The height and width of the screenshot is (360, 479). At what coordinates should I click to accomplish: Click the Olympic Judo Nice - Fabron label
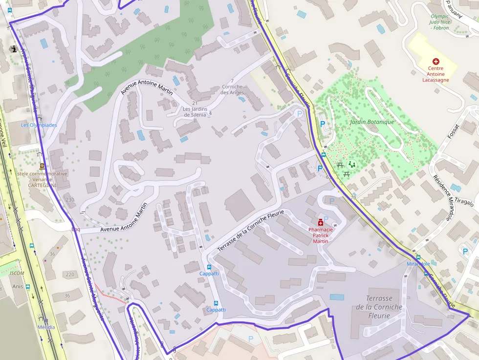pyautogui.click(x=440, y=22)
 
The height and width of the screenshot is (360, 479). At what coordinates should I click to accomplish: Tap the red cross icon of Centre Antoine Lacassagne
pyautogui.click(x=435, y=62)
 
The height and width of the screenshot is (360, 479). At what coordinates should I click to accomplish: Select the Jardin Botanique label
pyautogui.click(x=372, y=122)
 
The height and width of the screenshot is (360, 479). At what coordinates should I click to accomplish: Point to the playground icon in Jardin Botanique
pyautogui.click(x=351, y=164)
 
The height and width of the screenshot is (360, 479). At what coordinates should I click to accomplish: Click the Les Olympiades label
pyautogui.click(x=39, y=125)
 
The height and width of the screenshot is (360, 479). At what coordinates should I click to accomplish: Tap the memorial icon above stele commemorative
pyautogui.click(x=42, y=167)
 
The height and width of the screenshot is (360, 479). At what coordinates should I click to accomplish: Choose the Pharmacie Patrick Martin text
pyautogui.click(x=320, y=235)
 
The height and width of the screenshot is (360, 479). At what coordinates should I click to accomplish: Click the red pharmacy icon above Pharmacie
pyautogui.click(x=321, y=221)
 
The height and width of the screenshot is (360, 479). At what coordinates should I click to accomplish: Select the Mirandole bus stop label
pyautogui.click(x=418, y=264)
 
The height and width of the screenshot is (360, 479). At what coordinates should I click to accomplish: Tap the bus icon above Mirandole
pyautogui.click(x=418, y=257)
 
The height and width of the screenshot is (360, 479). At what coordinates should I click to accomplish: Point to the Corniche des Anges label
pyautogui.click(x=232, y=89)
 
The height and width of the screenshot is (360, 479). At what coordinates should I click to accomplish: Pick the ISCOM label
pyautogui.click(x=17, y=274)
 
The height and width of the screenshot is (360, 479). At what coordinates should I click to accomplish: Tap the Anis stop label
pyautogui.click(x=18, y=287)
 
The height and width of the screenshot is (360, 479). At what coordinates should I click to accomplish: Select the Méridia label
pyautogui.click(x=46, y=327)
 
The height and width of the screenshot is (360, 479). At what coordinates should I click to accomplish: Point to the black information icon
pyautogui.click(x=13, y=49)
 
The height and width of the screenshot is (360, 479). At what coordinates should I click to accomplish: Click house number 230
pyautogui.click(x=70, y=200)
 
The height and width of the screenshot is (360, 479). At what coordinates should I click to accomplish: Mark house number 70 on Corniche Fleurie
pyautogui.click(x=353, y=198)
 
